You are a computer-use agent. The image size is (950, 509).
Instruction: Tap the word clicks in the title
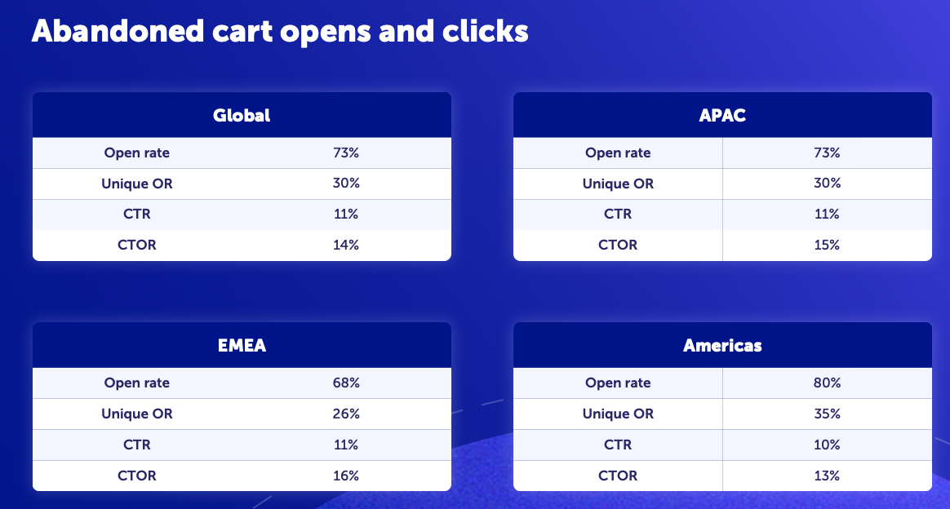pos(486,31)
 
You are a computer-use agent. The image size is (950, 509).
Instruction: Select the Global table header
pos(242,115)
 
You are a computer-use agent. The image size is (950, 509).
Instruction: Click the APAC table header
pos(722,115)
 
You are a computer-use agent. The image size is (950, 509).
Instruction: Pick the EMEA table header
pos(242,345)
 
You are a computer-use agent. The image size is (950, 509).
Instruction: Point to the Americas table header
pos(722,345)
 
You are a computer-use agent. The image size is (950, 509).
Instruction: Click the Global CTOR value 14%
pos(346,245)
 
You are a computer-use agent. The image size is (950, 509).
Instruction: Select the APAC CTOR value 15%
pos(827,245)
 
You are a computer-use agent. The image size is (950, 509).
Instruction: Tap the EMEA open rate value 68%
pos(346,383)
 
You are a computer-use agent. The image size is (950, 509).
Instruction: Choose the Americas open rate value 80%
pos(827,383)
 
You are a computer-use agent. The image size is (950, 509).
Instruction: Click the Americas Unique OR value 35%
pos(827,414)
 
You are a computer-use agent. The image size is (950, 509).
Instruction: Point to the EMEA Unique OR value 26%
pos(346,414)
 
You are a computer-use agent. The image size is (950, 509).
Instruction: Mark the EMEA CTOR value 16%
pos(346,475)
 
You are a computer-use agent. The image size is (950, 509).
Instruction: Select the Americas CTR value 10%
pos(827,445)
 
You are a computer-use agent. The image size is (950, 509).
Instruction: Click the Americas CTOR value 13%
pos(827,475)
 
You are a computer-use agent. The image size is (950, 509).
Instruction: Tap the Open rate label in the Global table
pos(137,153)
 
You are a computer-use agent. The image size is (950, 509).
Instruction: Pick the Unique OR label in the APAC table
pos(618,184)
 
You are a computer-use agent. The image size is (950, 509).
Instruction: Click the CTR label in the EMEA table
pos(137,445)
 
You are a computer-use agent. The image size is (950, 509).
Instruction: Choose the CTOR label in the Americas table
pos(618,475)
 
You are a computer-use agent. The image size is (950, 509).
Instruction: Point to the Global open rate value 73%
pos(346,153)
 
